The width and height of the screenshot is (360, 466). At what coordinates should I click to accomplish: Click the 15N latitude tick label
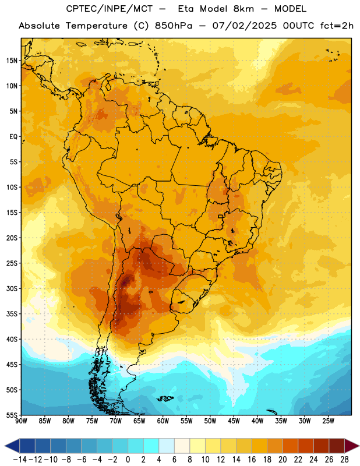pos(12,61)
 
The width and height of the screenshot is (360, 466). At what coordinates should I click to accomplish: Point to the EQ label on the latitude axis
pos(13,137)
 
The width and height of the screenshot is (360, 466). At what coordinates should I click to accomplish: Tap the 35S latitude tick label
pos(12,314)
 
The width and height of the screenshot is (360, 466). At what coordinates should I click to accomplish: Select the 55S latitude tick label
pos(12,415)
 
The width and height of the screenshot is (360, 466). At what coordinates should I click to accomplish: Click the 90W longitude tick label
pos(22,421)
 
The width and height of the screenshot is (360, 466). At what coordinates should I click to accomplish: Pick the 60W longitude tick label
pos(163,421)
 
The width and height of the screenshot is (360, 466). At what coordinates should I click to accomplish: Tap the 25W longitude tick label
pos(328,421)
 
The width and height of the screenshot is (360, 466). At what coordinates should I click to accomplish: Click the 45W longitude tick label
pos(234,421)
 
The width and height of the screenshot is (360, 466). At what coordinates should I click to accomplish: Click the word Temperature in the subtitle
pos(97,26)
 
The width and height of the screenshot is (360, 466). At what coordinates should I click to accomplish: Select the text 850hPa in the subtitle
pos(174,26)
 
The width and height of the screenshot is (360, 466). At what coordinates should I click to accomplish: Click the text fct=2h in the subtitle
pos(337,26)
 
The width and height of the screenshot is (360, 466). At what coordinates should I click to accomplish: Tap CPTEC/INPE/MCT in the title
pos(110,9)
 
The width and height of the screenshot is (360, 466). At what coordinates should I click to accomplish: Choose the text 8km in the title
pos(243,9)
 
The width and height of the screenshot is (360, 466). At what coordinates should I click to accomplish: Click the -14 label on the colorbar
pos(20,460)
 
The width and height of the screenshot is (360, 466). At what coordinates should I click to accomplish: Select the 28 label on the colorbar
pos(344,460)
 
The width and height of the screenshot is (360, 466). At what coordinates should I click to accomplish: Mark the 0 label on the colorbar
pos(128,460)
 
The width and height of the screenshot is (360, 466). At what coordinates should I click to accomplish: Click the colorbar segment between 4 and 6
pos(167,446)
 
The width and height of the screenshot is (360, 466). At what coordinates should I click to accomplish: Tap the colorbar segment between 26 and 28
pos(337,446)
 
